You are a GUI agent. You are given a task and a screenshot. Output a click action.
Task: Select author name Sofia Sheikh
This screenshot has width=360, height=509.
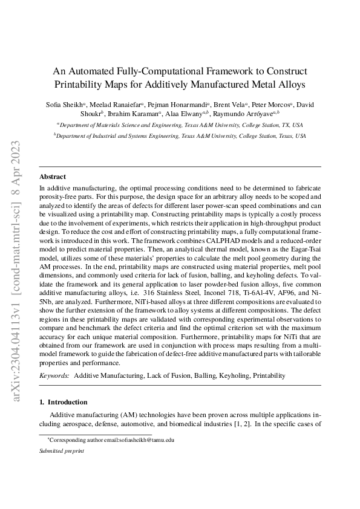[x=65, y=104]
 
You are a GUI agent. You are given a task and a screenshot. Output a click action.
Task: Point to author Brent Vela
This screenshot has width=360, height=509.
[x=229, y=104]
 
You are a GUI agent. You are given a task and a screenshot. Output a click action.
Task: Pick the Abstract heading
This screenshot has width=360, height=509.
[x=53, y=177]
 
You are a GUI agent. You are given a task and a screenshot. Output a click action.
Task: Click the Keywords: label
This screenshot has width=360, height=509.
[x=54, y=375]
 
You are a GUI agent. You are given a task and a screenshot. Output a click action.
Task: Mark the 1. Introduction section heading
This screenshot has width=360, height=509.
[x=65, y=401]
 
